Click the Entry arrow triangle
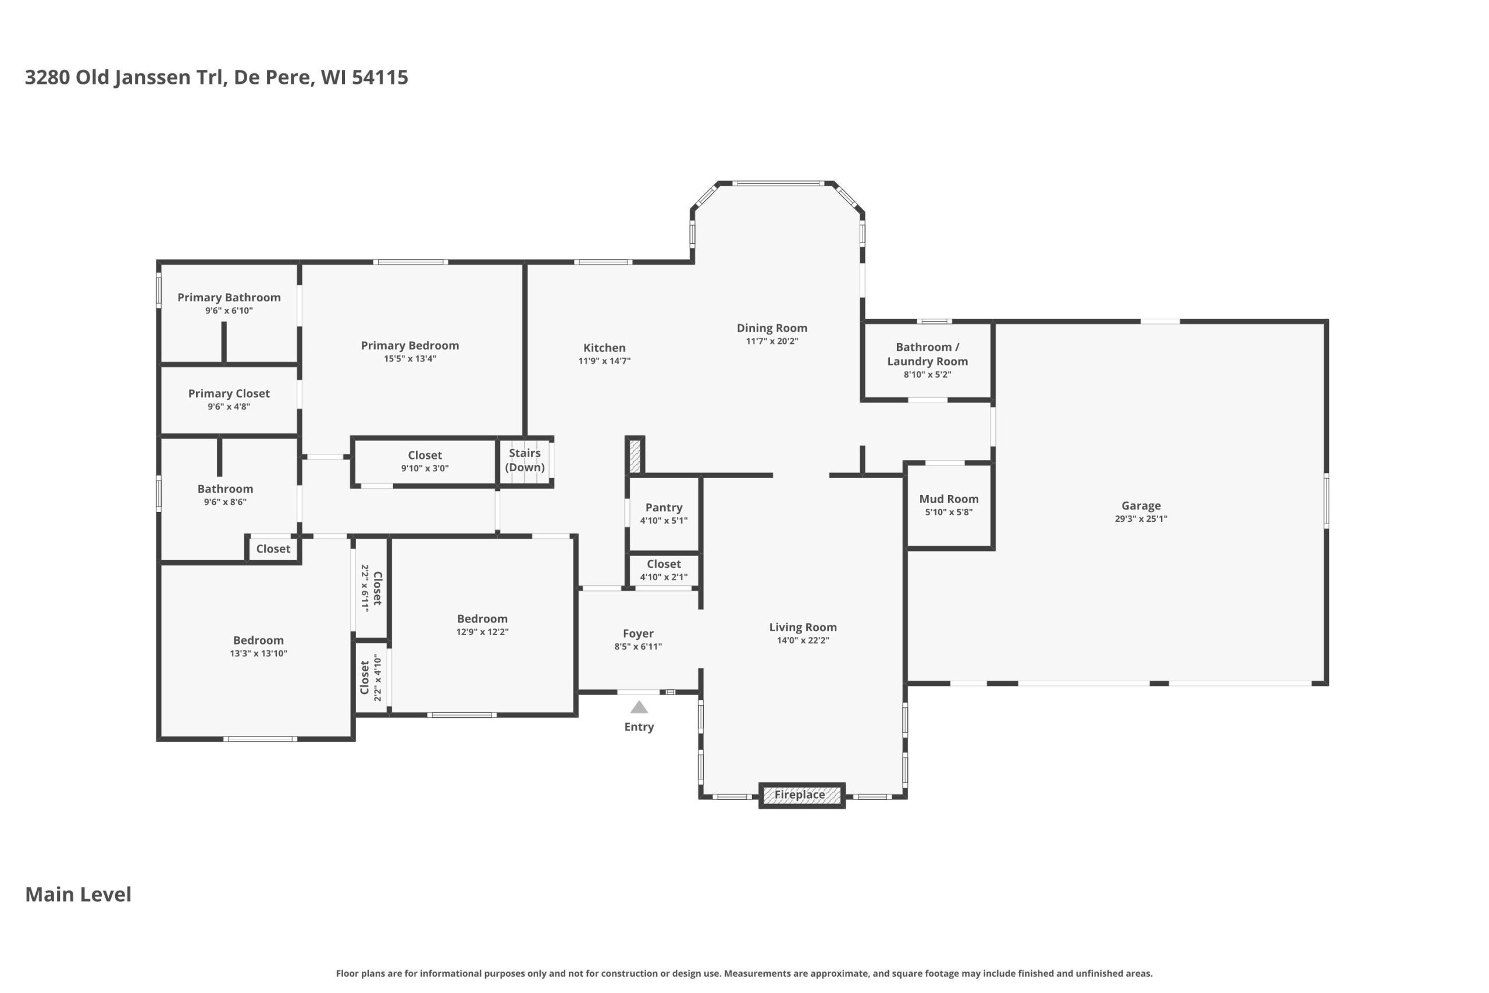click(639, 707)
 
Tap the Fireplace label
click(800, 794)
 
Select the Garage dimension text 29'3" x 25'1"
click(1141, 519)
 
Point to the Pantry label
click(664, 507)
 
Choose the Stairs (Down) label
click(525, 460)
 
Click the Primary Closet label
click(229, 393)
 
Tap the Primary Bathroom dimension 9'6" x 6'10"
click(229, 311)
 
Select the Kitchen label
click(604, 348)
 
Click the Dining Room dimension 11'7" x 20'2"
click(772, 341)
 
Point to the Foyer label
click(637, 633)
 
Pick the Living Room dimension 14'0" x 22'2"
click(803, 640)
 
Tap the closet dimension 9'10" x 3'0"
click(425, 469)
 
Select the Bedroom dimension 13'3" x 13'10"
click(258, 653)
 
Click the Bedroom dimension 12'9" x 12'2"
click(482, 631)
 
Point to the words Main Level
click(78, 894)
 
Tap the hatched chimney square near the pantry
click(635, 456)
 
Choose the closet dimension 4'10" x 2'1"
click(664, 577)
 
